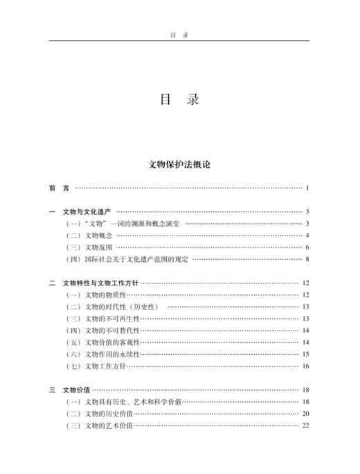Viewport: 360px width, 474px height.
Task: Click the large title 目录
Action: (x=179, y=100)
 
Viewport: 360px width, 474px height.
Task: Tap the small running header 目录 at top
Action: (x=179, y=33)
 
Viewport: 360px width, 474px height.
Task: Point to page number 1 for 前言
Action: (x=306, y=188)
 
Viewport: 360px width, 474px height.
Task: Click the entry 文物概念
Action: (x=100, y=235)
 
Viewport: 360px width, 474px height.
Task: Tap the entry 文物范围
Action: (x=100, y=247)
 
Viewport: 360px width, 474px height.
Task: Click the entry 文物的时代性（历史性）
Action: (x=122, y=306)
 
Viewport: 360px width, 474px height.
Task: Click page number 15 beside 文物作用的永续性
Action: (x=305, y=354)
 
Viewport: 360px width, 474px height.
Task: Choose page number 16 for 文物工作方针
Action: (x=305, y=366)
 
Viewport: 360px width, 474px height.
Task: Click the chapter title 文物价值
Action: (x=76, y=390)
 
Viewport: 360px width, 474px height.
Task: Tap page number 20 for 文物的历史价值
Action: (x=305, y=414)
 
